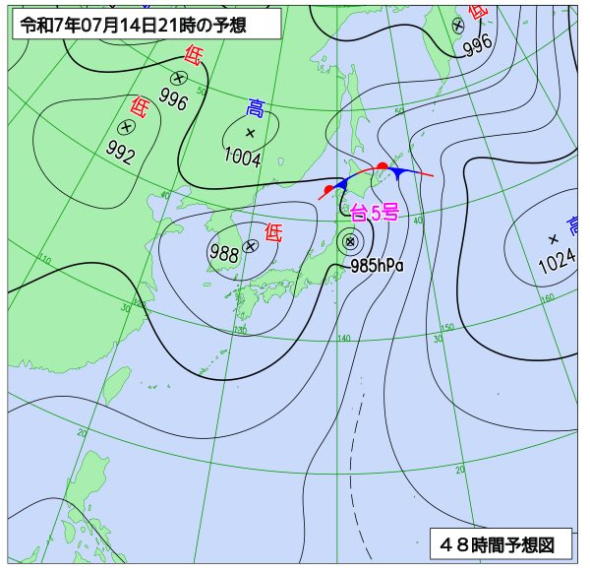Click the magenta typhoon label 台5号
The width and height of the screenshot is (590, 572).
coord(374,212)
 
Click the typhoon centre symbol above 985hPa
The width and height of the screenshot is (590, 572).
coord(349,240)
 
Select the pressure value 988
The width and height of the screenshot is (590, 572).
coord(224,252)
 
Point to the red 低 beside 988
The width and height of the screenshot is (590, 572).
coord(273,233)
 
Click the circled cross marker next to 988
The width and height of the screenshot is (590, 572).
coord(251,246)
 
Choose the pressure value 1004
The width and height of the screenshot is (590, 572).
coord(242,155)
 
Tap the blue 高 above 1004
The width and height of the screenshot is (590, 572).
coord(256,108)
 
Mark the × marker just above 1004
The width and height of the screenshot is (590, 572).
coord(250,132)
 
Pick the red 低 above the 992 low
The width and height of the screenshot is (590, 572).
coord(141,106)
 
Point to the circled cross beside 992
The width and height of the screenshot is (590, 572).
coord(126,127)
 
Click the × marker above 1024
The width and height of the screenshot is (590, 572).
coord(553,238)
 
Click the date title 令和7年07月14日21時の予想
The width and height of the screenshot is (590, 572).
coord(147,24)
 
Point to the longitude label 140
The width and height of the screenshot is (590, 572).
coord(343,339)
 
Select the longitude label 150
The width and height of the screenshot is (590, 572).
coord(446,328)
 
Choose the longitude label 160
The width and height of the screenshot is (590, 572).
coord(548,296)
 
